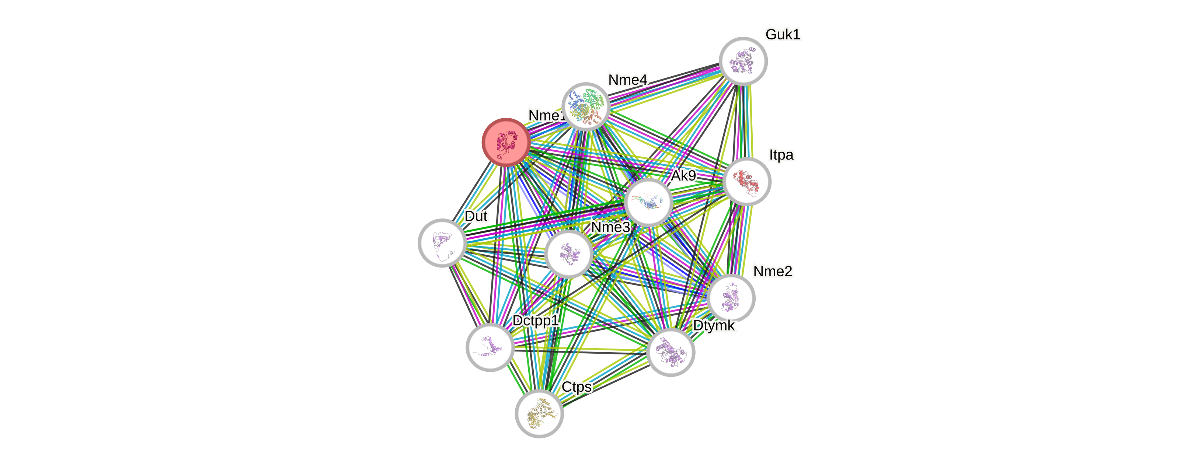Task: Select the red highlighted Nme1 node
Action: point(505,142)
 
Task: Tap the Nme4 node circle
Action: point(585,106)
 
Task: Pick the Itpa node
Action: point(746,181)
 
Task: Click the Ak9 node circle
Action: point(648,203)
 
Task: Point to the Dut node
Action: point(442,243)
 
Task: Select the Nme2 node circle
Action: point(731,298)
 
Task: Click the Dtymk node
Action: point(670,352)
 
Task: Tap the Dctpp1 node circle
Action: point(490,347)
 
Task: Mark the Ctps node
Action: point(539,413)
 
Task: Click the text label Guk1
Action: point(783,34)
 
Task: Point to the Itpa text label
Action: point(781,155)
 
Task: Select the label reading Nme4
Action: point(627,80)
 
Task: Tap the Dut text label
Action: point(476,216)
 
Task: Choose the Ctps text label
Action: point(577,387)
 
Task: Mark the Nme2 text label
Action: point(773,271)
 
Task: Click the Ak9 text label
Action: point(683,176)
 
